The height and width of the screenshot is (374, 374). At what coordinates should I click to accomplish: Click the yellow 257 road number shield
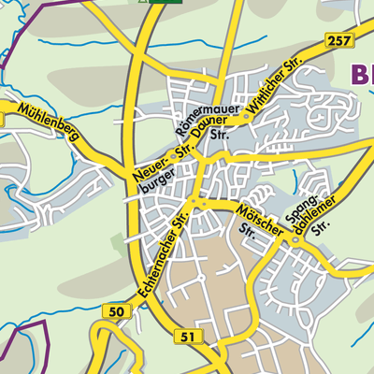(338, 40)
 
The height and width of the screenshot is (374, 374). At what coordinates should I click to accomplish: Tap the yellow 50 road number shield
(116, 311)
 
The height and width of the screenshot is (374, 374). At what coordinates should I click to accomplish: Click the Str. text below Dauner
(221, 137)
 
